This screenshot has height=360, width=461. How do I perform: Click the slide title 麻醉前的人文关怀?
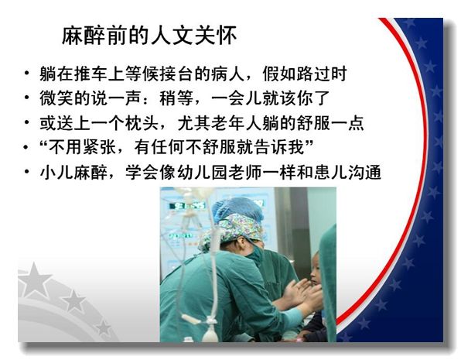pos(149,36)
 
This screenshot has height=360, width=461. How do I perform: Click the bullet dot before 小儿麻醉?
pos(27,171)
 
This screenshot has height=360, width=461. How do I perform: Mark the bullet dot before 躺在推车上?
pos(27,73)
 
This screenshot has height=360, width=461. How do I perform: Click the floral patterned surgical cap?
pos(235,231)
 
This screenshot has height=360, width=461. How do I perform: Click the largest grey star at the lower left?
pos(34,280)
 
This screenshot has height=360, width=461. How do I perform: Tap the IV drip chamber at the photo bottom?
pos(210,334)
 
